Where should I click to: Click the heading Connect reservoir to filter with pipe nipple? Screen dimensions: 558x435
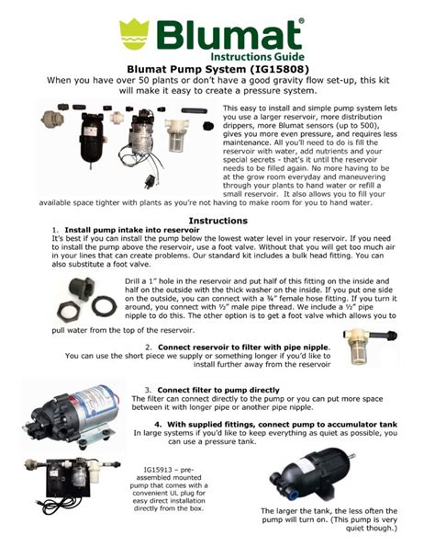pyautogui.click(x=249, y=347)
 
